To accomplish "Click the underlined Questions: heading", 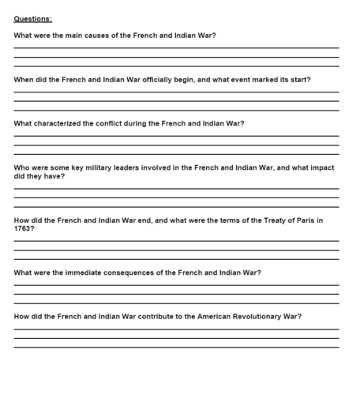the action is pyautogui.click(x=32, y=19).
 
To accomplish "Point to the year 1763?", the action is pyautogui.click(x=24, y=228).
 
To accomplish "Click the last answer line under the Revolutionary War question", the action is pyautogui.click(x=176, y=348).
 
